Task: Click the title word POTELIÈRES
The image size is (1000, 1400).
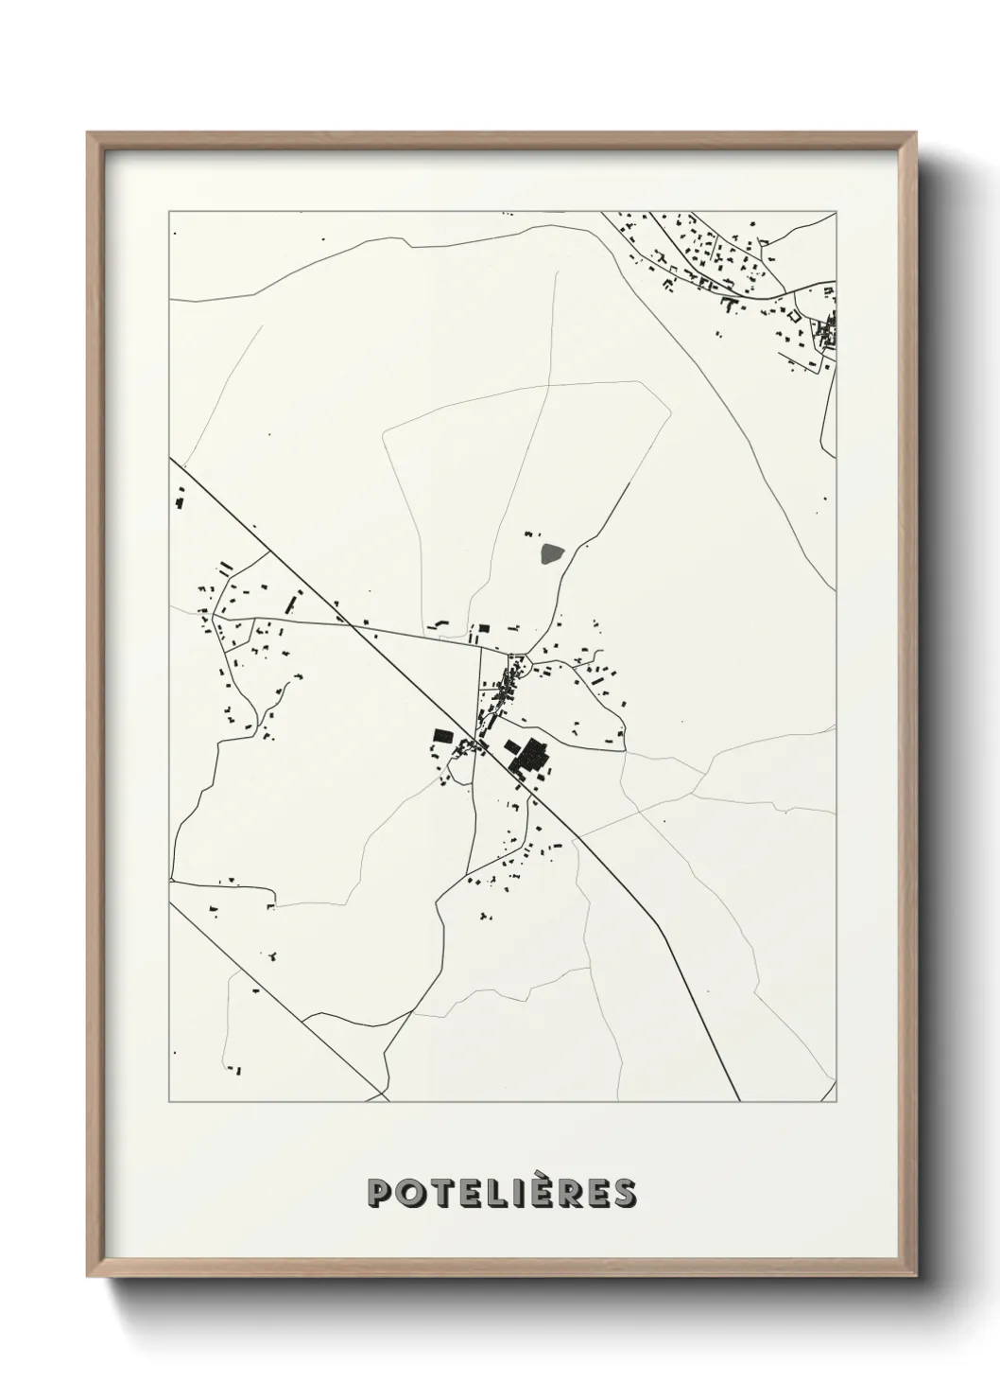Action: click(501, 1193)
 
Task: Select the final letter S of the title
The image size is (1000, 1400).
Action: click(624, 1194)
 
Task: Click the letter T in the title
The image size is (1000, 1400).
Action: click(434, 1194)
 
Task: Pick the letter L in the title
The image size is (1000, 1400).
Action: click(488, 1194)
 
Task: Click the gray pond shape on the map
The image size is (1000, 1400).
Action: click(549, 552)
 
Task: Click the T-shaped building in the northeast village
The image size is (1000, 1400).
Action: click(729, 305)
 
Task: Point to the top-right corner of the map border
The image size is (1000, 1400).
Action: click(836, 213)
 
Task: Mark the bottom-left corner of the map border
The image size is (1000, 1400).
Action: click(169, 1102)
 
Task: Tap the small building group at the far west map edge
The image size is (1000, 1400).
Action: click(179, 499)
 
